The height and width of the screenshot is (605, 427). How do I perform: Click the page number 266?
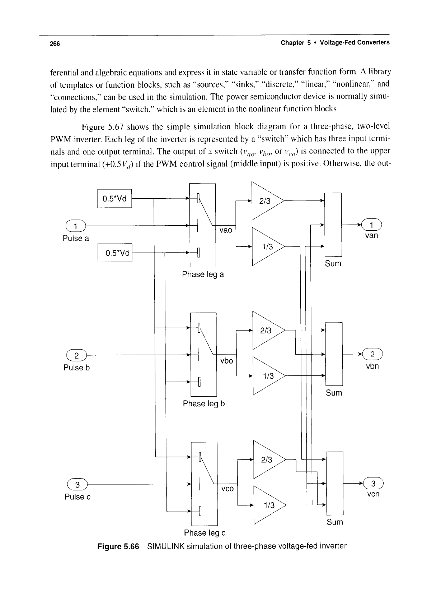(x=55, y=43)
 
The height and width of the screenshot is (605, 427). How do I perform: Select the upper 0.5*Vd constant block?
(x=114, y=199)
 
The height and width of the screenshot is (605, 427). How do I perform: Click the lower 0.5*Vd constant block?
(x=115, y=253)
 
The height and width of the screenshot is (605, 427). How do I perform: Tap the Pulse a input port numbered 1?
(x=75, y=226)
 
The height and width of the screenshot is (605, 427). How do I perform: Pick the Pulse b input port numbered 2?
(x=76, y=355)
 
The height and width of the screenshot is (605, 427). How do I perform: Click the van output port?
(x=372, y=225)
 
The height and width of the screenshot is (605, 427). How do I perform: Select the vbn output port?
(x=372, y=354)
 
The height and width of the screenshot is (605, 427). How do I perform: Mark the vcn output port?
(x=373, y=483)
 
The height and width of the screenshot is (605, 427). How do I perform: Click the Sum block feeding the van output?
(x=333, y=225)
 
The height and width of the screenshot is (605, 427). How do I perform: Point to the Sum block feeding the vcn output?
(x=335, y=483)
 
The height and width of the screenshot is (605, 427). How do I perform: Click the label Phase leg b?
(x=204, y=403)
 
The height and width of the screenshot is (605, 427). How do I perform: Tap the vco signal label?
(x=227, y=489)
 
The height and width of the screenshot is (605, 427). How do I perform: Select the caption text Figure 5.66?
(x=118, y=547)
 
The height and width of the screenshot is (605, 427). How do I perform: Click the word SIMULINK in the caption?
(x=166, y=546)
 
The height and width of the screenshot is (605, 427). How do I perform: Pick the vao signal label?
(x=226, y=230)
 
